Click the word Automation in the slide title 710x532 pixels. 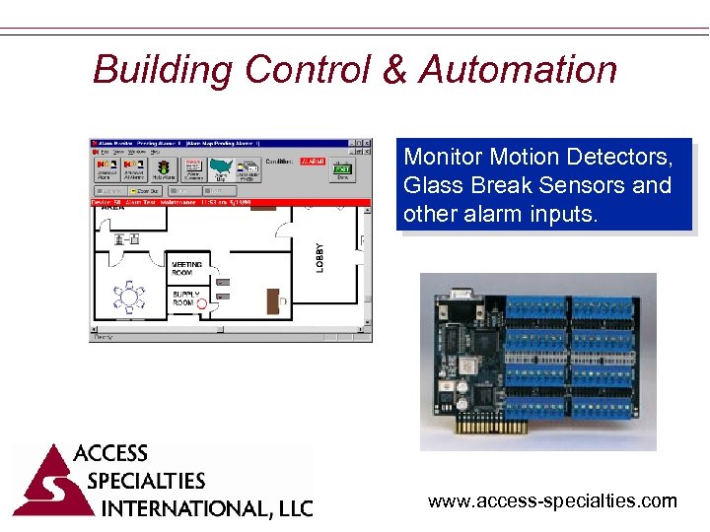pos(519,70)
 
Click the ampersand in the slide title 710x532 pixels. pos(392,70)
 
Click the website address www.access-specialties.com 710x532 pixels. pos(552,501)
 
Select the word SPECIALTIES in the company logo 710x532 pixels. pos(146,481)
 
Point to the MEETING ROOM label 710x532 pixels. pos(186,269)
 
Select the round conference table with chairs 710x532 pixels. pos(128,295)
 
